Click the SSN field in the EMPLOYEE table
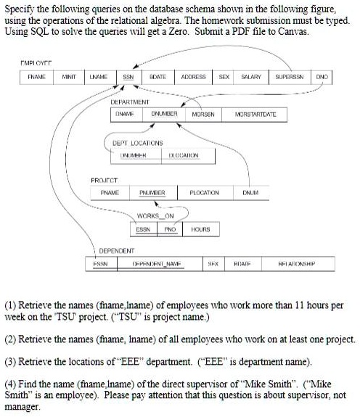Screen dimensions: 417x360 pos(128,75)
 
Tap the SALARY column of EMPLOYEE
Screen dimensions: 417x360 pos(252,75)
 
